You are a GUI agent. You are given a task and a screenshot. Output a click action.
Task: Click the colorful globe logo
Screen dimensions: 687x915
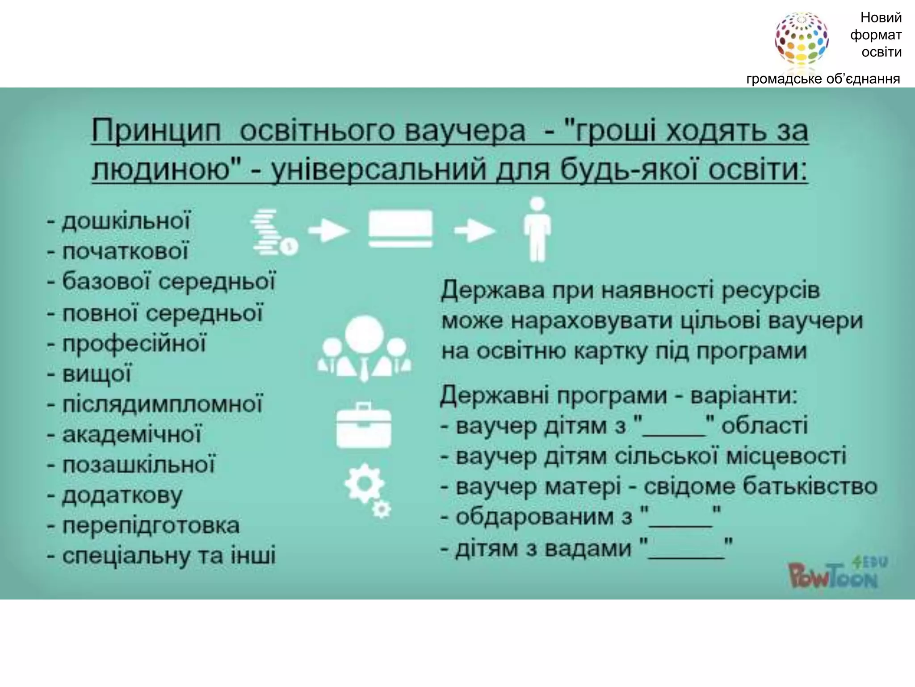point(801,39)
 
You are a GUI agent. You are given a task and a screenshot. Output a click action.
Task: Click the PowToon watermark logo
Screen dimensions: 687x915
point(835,574)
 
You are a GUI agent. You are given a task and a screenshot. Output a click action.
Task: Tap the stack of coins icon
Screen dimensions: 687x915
point(272,232)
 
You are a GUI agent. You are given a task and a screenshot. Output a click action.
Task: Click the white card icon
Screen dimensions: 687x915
point(400,229)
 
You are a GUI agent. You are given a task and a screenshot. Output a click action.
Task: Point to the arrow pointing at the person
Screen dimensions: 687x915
point(474,231)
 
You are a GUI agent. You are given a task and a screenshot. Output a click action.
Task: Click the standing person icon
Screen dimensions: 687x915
point(537,229)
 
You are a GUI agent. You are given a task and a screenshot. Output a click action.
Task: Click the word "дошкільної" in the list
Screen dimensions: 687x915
point(126,221)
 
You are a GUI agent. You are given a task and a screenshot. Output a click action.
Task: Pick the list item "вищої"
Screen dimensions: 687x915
point(97,374)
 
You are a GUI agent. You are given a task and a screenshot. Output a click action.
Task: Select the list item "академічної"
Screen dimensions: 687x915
point(132,435)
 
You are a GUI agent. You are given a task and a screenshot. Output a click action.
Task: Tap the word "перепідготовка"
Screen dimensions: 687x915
point(151,526)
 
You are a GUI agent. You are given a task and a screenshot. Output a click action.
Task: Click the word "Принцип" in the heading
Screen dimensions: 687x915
point(156,131)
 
